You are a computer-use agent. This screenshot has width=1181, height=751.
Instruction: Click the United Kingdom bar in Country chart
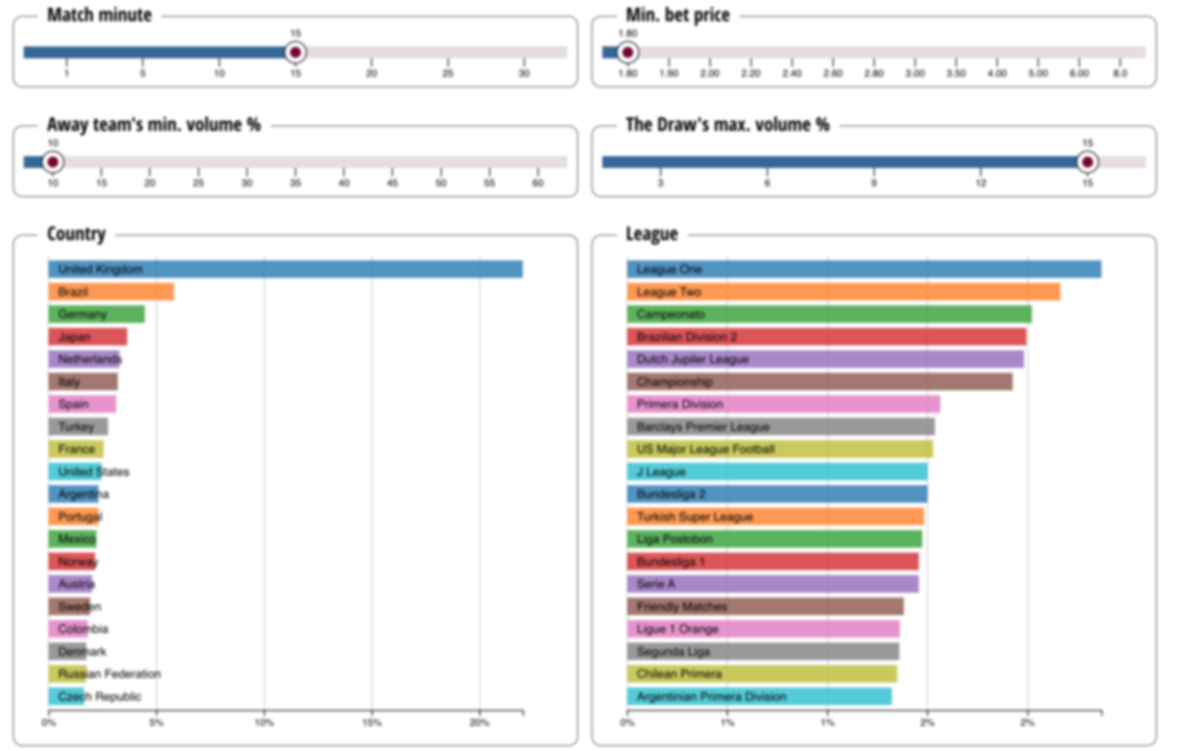click(285, 269)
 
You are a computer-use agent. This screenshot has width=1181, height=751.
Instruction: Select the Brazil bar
click(111, 291)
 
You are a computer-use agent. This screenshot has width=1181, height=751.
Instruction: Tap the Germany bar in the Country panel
click(96, 314)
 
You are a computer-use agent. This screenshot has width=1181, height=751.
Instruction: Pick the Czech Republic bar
click(67, 697)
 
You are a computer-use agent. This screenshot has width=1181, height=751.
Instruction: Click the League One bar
click(863, 269)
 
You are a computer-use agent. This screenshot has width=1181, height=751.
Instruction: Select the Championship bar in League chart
click(819, 382)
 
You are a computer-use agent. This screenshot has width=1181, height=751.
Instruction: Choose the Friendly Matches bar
click(765, 606)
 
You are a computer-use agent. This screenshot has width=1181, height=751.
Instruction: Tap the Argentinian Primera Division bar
click(759, 697)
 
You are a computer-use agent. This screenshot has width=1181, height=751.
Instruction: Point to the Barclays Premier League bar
click(780, 427)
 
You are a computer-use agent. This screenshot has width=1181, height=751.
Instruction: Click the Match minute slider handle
click(295, 52)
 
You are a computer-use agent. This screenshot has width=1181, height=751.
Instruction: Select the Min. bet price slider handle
click(628, 52)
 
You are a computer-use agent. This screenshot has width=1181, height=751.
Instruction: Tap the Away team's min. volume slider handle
click(53, 161)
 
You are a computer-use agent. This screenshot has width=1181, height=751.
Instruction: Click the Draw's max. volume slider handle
click(1088, 161)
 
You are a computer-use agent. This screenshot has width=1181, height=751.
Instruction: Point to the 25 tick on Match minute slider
click(448, 73)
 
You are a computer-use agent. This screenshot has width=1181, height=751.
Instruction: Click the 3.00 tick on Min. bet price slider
click(914, 73)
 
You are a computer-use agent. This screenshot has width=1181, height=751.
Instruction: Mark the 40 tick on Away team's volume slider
click(343, 182)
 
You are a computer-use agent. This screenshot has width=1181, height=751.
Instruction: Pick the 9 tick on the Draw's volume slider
click(874, 182)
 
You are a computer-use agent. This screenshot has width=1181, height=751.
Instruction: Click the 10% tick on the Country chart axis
click(264, 723)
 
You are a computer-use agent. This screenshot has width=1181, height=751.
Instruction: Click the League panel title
click(652, 234)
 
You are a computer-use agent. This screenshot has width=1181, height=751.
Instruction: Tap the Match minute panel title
click(98, 16)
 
